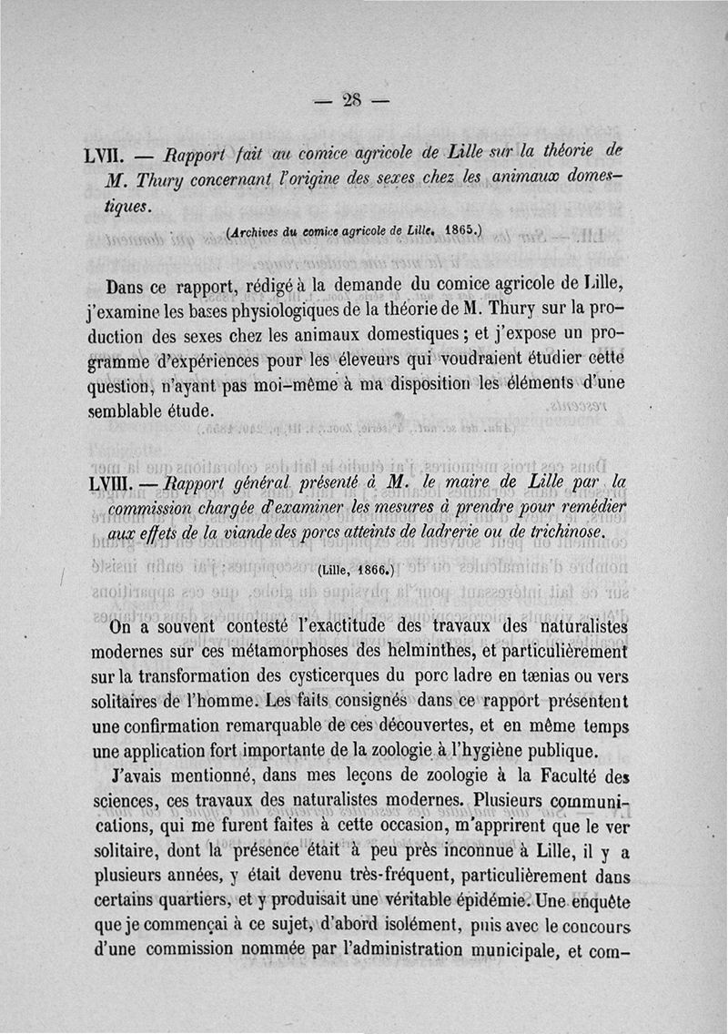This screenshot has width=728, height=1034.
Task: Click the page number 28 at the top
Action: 352,100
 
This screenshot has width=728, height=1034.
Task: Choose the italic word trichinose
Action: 561,531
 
